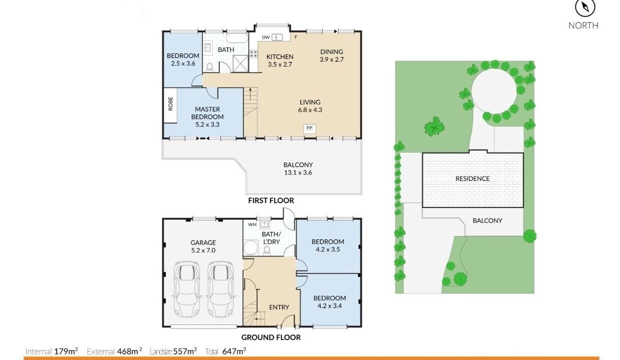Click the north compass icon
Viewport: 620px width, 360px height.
585,7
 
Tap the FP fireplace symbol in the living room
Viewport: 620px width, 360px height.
309,128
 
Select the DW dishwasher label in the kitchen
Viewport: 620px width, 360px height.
265,37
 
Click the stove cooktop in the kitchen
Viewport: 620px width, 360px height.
254,54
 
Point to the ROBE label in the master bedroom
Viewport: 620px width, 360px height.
170,104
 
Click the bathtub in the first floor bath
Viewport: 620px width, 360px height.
237,38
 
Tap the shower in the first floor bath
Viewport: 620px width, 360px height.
240,63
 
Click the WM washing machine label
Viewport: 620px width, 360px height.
252,224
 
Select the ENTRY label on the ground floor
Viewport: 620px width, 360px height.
279,307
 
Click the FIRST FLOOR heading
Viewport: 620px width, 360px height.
271,200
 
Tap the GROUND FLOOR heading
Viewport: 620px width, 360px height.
271,337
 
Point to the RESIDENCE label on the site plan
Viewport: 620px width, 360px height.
472,179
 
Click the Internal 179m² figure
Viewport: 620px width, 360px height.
51,351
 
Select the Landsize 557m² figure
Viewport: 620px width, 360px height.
173,351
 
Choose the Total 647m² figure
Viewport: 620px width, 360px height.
225,351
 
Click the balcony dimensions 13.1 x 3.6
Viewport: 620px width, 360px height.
298,172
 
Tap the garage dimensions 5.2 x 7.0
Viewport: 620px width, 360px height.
203,250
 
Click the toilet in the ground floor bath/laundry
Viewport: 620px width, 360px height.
267,250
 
